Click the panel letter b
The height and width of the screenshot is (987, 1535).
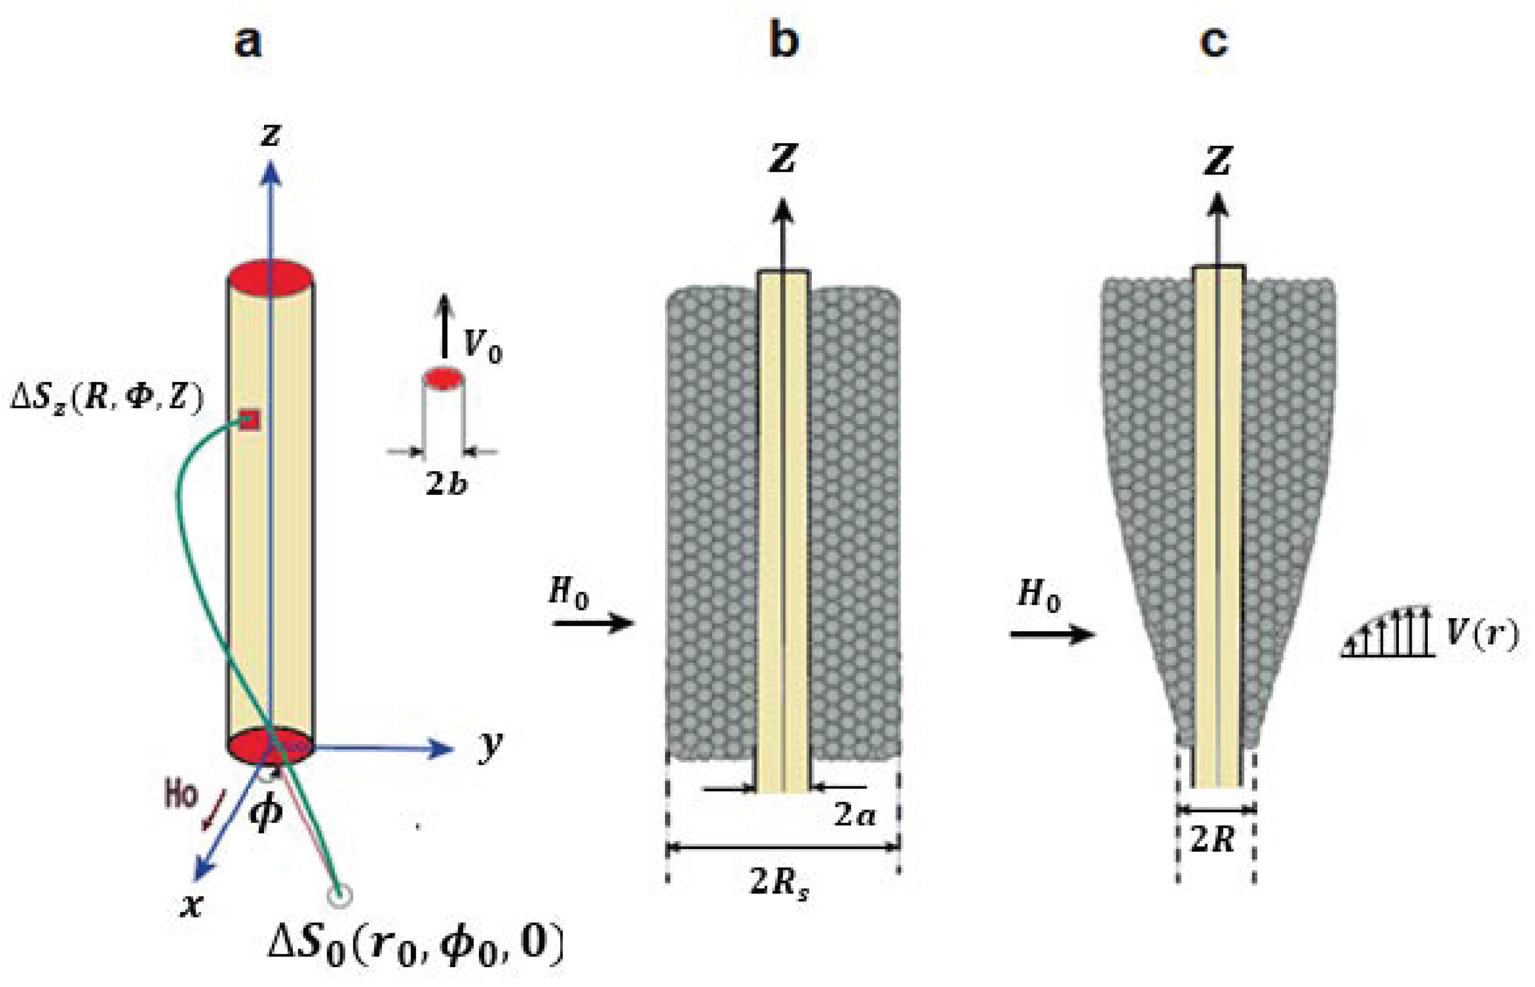783,41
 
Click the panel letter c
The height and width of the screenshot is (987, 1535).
1213,42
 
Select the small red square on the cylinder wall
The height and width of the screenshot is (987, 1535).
250,420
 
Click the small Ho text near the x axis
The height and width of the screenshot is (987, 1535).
181,795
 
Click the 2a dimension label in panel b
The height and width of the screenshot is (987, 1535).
854,815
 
